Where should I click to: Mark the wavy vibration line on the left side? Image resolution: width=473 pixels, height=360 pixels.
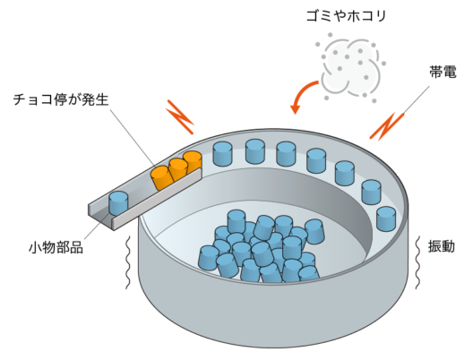[x=130, y=261]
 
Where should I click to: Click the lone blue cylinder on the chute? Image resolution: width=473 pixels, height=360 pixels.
[x=118, y=201]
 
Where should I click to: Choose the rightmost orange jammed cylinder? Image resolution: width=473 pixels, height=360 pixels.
[x=192, y=162]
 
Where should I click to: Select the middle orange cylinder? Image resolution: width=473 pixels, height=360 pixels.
[x=177, y=168]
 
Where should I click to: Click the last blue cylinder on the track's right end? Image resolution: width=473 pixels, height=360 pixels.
[x=386, y=218]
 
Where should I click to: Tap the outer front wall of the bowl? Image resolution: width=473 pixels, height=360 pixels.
[x=269, y=318]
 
